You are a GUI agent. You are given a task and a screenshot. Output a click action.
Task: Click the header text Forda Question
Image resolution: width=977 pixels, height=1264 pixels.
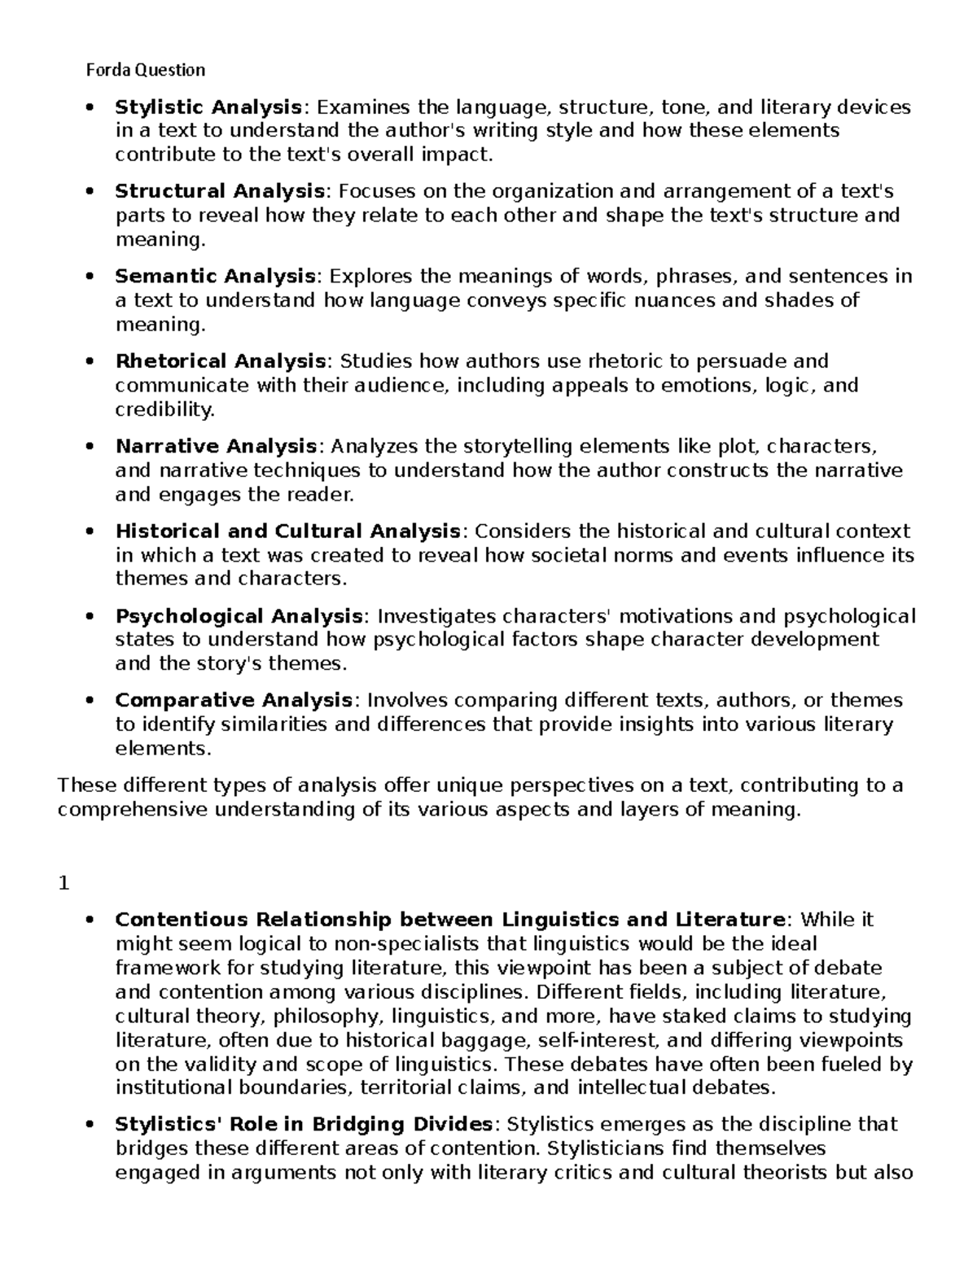(x=146, y=70)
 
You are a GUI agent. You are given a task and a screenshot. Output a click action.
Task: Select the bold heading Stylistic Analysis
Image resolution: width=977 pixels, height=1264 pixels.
(x=208, y=107)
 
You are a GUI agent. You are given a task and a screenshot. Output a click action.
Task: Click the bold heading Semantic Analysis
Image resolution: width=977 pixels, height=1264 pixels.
(x=215, y=277)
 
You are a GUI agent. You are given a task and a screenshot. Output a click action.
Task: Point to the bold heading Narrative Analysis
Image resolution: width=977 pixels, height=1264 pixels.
(x=216, y=447)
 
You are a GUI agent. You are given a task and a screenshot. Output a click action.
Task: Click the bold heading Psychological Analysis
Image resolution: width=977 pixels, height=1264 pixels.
(x=239, y=616)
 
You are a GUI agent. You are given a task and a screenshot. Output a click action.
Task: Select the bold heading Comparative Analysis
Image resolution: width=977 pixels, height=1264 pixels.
(x=234, y=701)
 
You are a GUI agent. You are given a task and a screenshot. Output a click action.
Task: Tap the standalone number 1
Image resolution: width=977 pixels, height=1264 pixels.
(x=64, y=883)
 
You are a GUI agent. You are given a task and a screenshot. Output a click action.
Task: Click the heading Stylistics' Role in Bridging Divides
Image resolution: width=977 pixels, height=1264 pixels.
(x=304, y=1125)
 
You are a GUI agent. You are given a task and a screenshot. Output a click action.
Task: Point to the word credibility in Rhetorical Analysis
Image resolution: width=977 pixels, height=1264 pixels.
(x=164, y=410)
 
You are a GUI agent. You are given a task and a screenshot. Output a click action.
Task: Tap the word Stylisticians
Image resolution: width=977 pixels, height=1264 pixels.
(x=615, y=1148)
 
